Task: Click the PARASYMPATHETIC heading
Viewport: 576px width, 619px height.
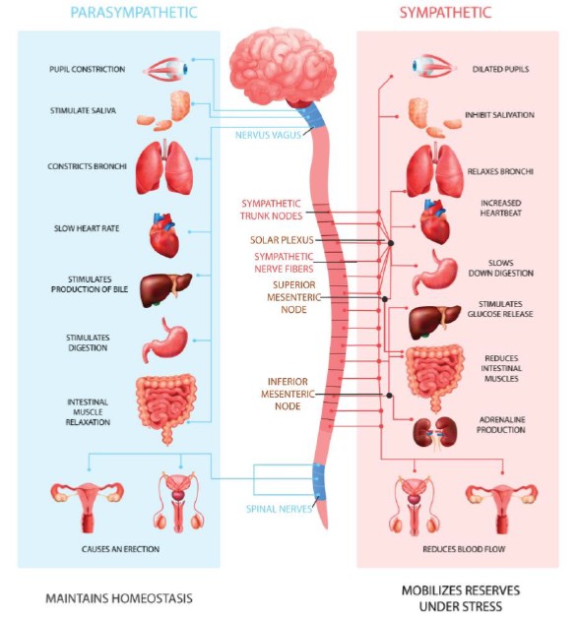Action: click(134, 12)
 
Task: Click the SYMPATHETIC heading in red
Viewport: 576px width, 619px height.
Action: click(445, 12)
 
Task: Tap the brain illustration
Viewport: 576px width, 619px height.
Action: click(283, 67)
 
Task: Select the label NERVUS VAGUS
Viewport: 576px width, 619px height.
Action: click(268, 135)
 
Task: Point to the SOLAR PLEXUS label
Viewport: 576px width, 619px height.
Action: click(282, 240)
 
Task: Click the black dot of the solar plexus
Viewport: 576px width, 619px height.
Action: click(390, 243)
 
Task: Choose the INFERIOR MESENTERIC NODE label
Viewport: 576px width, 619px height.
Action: click(288, 394)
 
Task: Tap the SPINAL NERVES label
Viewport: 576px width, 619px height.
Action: click(279, 509)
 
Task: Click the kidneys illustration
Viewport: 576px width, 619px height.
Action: click(435, 432)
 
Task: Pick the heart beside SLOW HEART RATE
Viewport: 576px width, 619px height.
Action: click(164, 235)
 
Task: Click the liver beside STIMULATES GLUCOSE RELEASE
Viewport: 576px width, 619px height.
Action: click(434, 322)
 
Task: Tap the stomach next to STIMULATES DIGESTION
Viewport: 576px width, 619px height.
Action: click(165, 340)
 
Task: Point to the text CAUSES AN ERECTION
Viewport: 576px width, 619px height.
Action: click(120, 549)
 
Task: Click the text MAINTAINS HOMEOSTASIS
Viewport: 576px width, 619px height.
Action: click(119, 598)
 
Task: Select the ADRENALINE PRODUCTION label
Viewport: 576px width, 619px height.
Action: click(501, 424)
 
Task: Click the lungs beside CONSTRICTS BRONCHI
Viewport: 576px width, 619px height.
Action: click(164, 167)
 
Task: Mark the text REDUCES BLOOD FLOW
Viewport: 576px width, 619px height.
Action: click(464, 549)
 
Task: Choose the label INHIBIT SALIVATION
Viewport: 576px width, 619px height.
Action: click(499, 115)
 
